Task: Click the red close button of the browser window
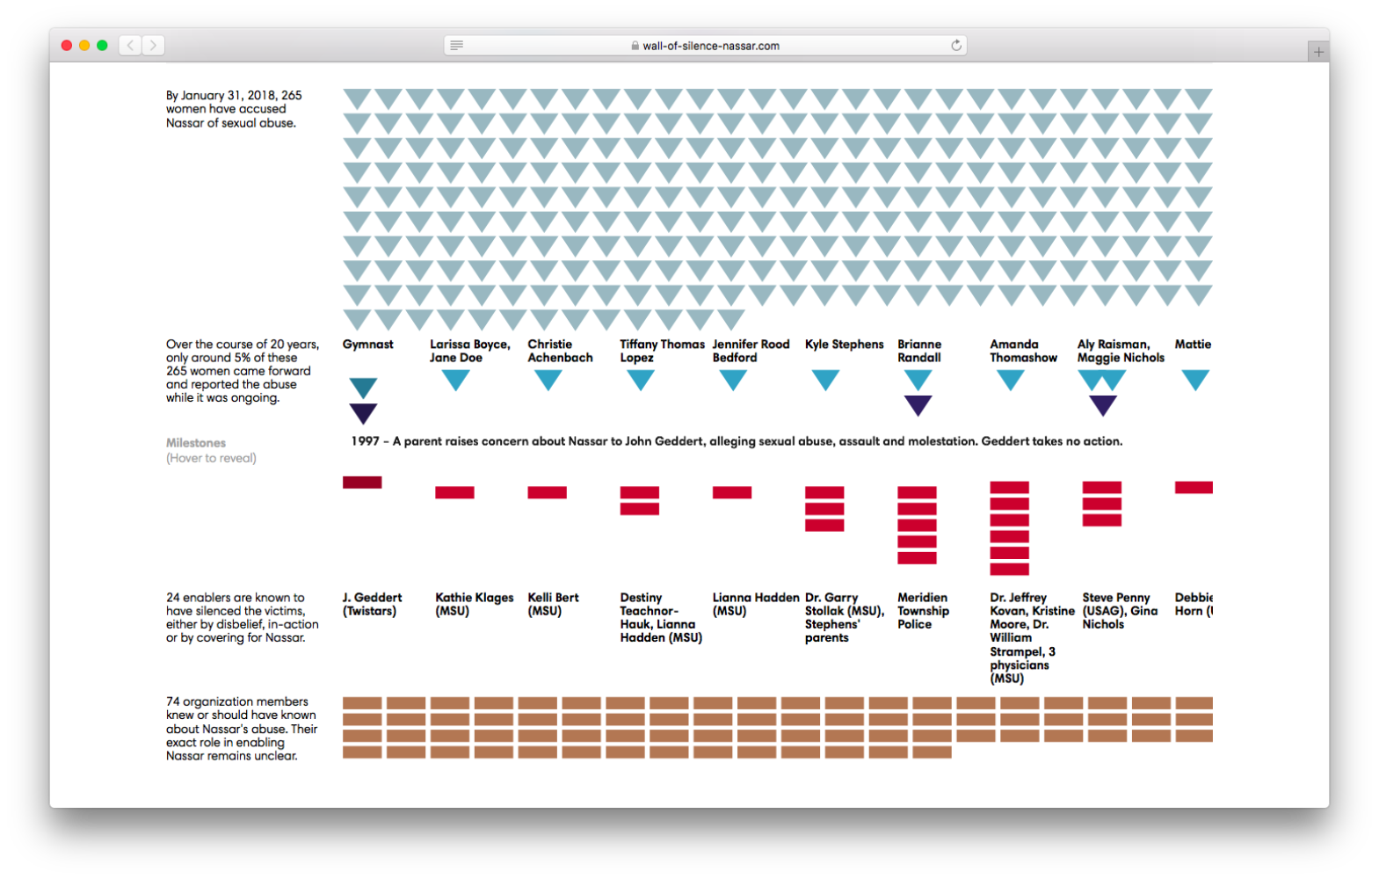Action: click(67, 45)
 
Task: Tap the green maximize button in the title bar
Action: click(102, 45)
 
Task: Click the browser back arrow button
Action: click(130, 45)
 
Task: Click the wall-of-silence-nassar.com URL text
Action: click(711, 46)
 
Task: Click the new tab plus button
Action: click(1318, 53)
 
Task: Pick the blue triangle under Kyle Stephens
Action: click(825, 380)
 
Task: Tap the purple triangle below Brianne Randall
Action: click(918, 405)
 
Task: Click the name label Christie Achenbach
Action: click(560, 351)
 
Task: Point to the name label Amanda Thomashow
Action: click(1023, 351)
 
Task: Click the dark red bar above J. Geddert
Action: click(362, 482)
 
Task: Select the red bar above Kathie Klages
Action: click(454, 492)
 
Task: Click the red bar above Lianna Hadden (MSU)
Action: click(732, 492)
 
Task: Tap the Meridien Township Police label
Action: click(923, 611)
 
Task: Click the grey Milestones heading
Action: click(196, 443)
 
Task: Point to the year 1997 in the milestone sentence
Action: click(365, 441)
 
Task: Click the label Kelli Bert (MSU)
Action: click(553, 604)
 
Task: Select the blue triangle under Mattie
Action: click(1195, 380)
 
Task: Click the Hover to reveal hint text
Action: click(211, 458)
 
